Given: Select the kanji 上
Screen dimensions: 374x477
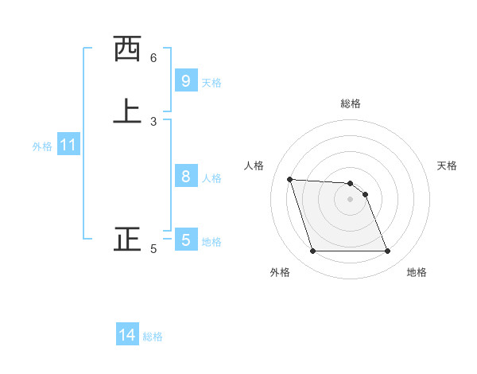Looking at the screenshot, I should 126,111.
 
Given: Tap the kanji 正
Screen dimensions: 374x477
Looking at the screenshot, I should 126,240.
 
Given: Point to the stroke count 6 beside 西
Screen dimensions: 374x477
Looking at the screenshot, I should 153,58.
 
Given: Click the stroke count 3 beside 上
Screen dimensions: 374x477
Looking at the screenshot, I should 153,122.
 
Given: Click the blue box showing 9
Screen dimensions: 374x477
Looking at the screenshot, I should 185,80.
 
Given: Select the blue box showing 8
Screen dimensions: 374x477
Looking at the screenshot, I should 185,177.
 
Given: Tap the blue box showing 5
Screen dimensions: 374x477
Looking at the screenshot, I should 185,240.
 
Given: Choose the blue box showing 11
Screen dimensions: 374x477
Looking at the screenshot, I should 68,146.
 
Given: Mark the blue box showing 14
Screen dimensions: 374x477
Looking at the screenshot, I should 127,336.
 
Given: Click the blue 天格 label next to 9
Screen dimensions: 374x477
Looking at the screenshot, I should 211,83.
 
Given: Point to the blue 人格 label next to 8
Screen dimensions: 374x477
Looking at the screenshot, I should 211,178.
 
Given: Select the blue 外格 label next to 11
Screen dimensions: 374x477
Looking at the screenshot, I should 42,146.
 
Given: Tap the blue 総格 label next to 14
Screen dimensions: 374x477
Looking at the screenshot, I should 153,337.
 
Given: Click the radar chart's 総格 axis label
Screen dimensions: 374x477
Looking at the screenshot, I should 351,103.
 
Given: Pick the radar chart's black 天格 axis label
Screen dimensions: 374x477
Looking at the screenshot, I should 447,166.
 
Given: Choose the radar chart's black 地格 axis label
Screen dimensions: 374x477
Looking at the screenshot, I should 417,272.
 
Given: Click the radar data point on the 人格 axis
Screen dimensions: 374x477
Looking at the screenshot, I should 290,179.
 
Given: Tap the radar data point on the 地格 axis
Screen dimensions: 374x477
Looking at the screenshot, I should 387,251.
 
